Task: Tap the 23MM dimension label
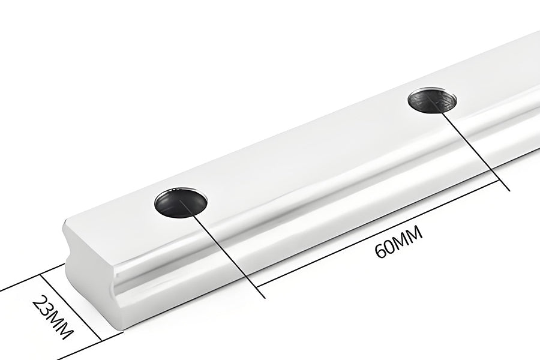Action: point(53,316)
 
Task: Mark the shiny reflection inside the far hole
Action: point(441,96)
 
